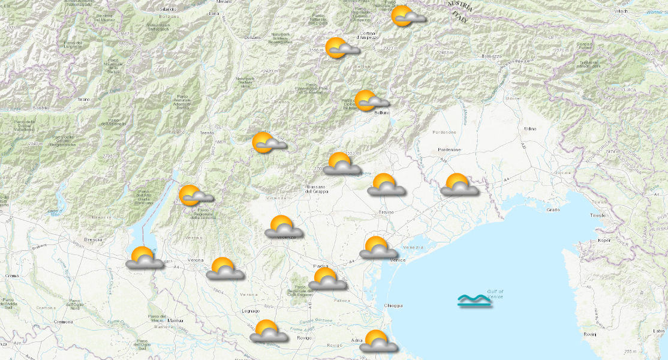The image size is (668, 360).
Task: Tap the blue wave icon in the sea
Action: pos(474,301)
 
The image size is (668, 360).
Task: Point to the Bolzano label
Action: pos(253,38)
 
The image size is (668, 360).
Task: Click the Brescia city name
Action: pos(93,239)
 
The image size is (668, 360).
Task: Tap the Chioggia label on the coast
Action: pos(393,305)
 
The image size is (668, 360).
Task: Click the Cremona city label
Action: pos(64,322)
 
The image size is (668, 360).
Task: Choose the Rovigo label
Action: pos(303,338)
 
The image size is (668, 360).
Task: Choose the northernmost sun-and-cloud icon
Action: pos(405,17)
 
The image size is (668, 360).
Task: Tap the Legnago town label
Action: pos(251,311)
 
